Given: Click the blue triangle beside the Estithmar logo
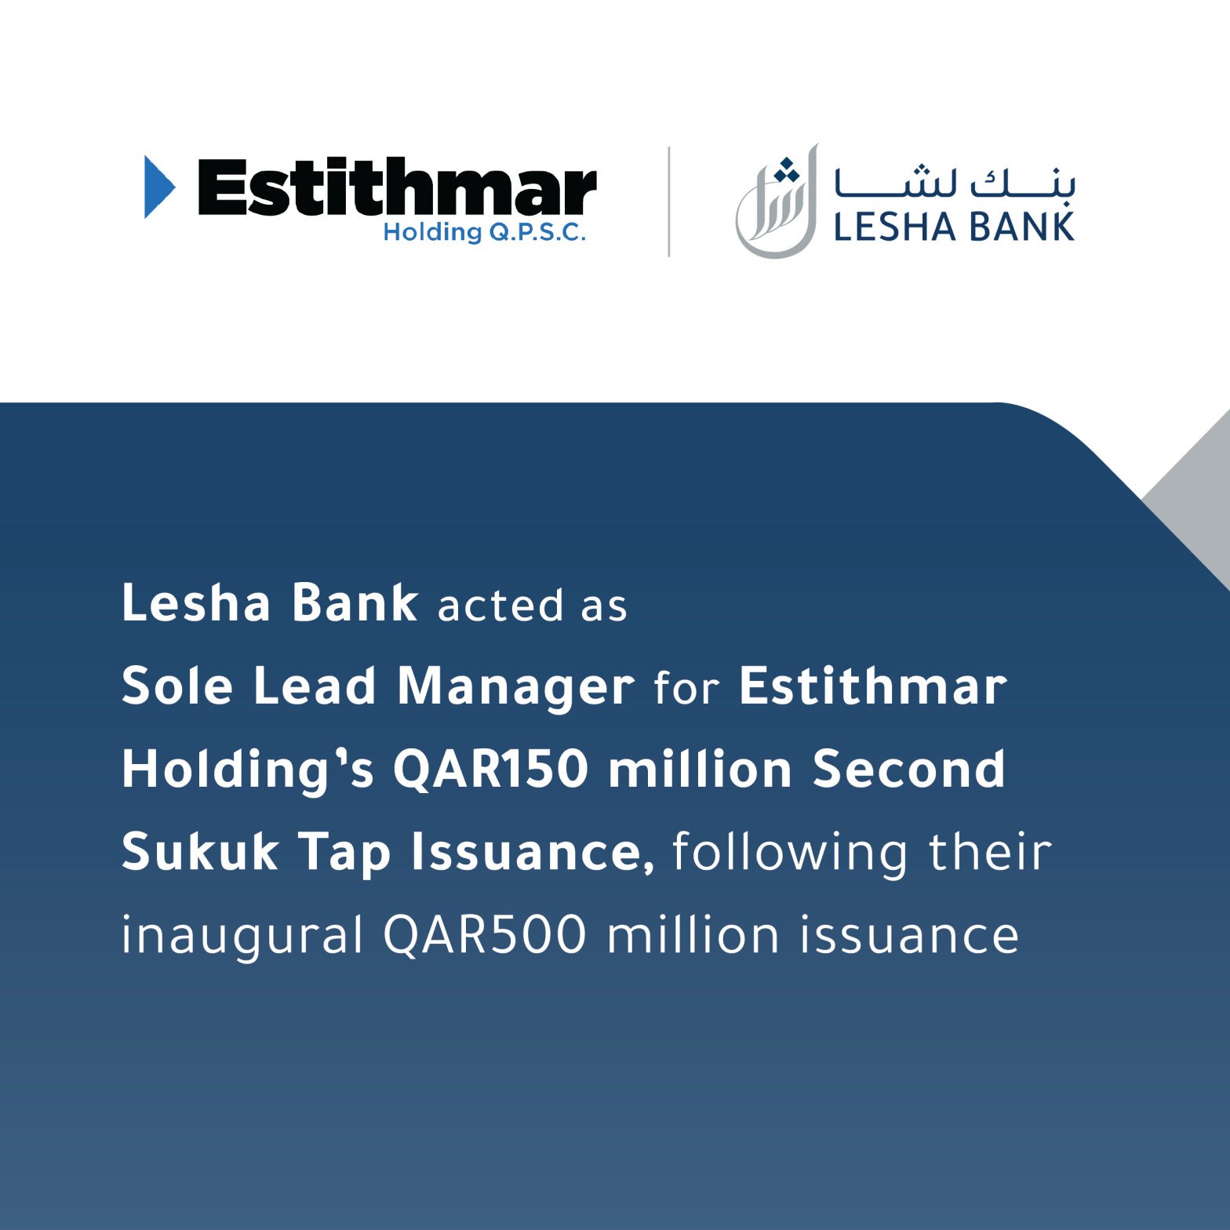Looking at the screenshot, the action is (158, 187).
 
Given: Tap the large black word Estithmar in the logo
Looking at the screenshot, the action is (397, 187).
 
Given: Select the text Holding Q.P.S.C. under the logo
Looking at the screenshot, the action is (484, 232).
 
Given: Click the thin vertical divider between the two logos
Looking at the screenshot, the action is (669, 202).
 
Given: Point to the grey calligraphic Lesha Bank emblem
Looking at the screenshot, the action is (776, 202).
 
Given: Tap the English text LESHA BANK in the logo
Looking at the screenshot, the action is (954, 227).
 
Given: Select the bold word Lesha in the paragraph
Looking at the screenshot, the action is (196, 603).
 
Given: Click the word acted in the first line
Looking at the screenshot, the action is (500, 606).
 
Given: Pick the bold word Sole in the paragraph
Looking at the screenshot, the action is (177, 686).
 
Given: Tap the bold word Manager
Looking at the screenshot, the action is (516, 688).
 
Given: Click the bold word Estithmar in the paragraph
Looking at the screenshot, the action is (873, 686).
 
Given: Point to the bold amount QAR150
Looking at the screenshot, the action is (490, 769).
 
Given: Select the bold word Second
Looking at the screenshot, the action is (908, 769).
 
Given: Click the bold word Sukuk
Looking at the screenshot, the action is (200, 852).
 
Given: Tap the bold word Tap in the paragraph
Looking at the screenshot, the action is (344, 853).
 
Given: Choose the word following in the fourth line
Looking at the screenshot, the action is (790, 853).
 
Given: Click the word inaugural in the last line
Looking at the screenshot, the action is (242, 937).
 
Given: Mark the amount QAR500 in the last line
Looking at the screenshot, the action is (485, 935).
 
